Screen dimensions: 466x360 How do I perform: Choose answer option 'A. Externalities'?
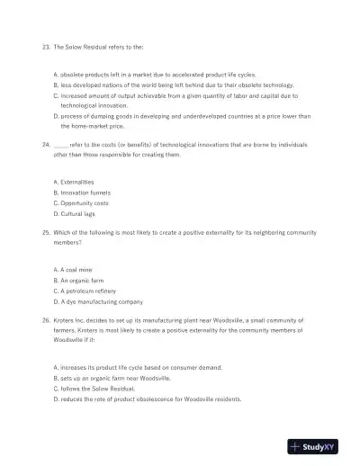coord(74,182)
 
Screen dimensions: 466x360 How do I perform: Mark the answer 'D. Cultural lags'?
coord(74,214)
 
